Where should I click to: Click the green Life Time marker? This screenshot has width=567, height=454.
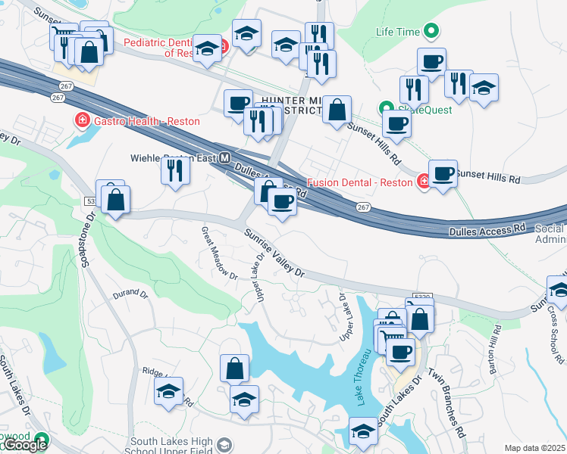431,32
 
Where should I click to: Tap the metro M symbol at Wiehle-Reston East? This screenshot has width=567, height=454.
224,159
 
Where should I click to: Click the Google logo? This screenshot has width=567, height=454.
24,445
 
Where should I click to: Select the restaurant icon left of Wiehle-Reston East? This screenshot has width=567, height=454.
175,170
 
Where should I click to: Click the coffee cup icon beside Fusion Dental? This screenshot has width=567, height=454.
443,173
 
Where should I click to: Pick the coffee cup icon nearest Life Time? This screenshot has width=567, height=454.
431,61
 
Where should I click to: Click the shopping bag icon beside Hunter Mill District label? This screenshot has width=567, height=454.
337,110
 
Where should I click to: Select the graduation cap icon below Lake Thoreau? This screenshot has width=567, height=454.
363,431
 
